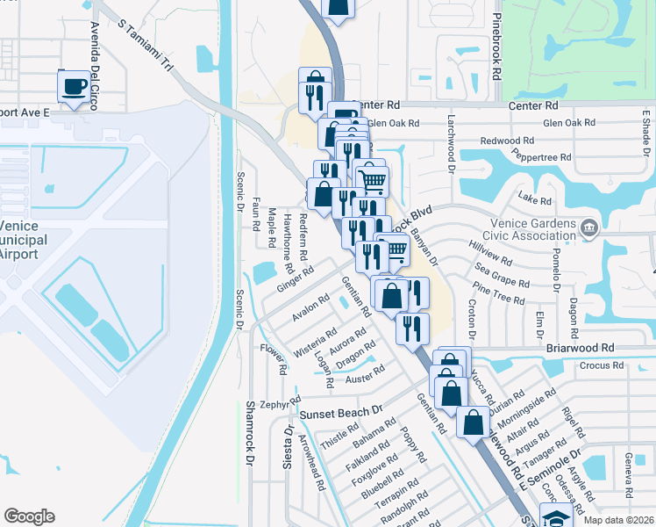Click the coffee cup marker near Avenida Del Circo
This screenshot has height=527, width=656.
coord(74,87)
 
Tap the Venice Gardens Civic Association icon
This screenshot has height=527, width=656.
coord(589,228)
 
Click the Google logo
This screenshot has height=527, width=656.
coord(29,516)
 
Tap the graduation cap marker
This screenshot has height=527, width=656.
coord(555,516)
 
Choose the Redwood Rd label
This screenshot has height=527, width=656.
coord(507,141)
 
